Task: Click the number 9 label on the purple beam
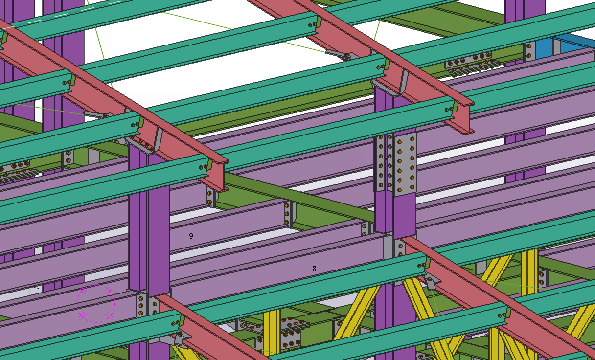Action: [191, 236]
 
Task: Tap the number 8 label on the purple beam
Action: [314, 269]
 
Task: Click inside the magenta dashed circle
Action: [96, 303]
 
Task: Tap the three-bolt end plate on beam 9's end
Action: [288, 214]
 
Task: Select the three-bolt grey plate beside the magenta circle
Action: [141, 306]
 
